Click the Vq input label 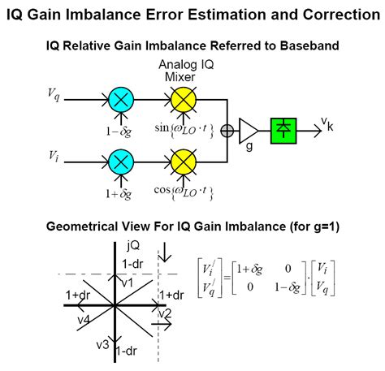click(x=54, y=96)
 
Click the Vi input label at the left click(x=53, y=153)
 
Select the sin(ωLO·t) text click(x=183, y=128)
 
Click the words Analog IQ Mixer click(x=183, y=72)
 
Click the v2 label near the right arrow click(x=165, y=313)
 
